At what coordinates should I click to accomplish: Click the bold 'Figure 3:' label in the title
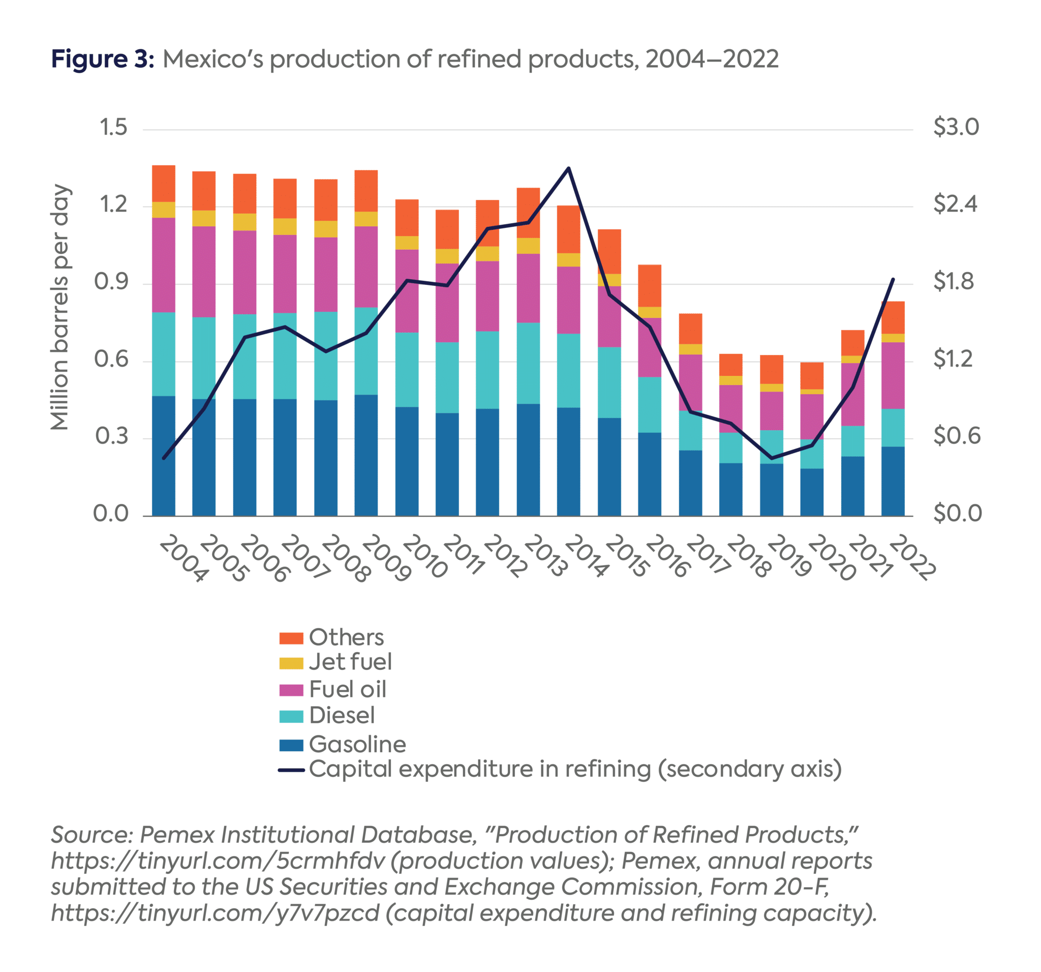point(103,58)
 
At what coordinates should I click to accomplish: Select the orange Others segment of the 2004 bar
point(163,184)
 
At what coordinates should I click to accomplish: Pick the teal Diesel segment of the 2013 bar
point(528,363)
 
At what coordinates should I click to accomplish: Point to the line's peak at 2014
point(569,168)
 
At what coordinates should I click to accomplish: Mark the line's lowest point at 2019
point(771,458)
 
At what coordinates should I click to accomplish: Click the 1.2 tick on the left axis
point(113,204)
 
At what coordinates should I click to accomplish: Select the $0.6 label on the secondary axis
point(956,436)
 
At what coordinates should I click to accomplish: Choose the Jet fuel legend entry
point(350,661)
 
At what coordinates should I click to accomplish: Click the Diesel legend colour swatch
point(291,716)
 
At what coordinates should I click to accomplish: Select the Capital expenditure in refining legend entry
point(574,769)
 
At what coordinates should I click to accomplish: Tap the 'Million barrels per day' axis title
point(60,307)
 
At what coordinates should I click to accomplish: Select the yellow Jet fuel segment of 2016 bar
point(649,312)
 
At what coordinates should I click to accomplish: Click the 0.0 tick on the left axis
point(111,514)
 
